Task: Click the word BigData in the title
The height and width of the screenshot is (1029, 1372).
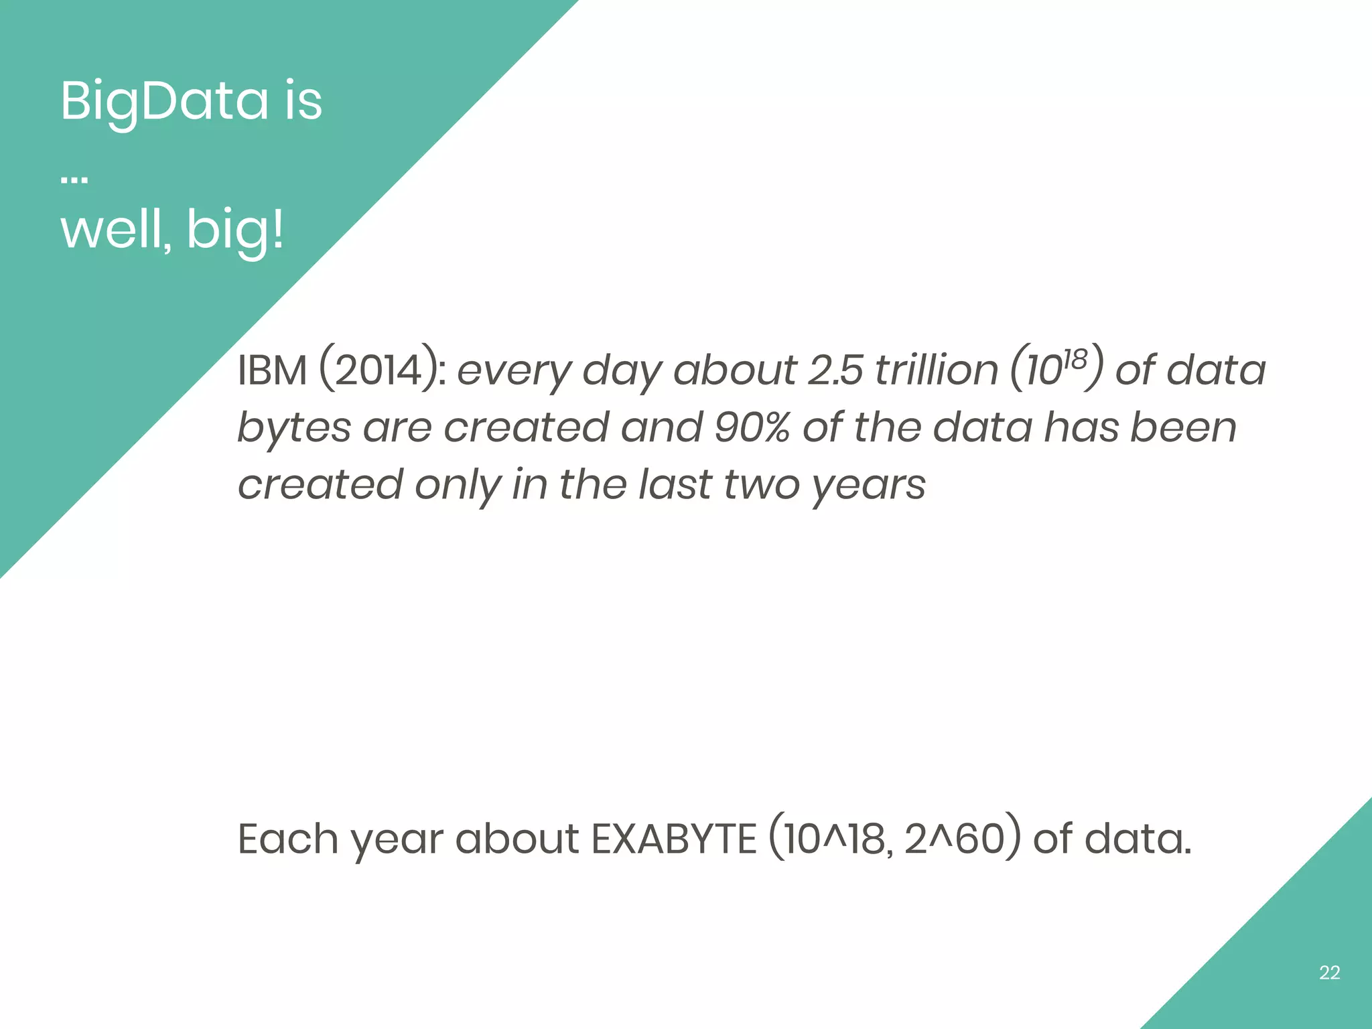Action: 163,102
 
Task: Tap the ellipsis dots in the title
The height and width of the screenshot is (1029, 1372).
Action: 74,180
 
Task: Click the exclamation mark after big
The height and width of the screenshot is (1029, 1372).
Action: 277,229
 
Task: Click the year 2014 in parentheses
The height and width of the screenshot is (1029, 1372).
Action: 379,370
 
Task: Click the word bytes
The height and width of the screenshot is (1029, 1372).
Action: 294,429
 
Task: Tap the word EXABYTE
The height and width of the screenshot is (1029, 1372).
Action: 674,839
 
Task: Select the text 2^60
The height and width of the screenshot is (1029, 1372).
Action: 954,839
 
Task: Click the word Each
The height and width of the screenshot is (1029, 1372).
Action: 288,839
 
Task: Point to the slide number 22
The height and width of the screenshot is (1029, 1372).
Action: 1329,973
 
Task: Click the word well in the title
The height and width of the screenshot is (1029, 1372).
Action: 114,230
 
